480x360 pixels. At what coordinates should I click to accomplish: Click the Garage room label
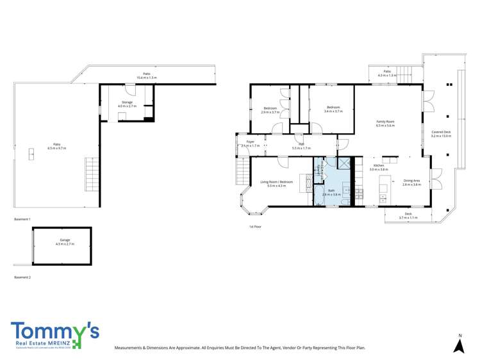point(65,240)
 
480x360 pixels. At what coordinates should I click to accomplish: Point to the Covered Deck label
point(441,132)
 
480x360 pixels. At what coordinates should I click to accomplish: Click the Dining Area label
point(411,181)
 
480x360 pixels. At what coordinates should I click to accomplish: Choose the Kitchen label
point(379,165)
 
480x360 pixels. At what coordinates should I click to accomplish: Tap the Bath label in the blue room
point(331,190)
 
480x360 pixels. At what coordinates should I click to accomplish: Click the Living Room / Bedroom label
point(276,182)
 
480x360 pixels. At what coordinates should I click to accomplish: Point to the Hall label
point(301,144)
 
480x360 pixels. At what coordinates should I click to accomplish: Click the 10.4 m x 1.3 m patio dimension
point(146,77)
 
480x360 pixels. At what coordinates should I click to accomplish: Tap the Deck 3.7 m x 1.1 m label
point(408,215)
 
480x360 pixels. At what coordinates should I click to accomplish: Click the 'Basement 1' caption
point(22,219)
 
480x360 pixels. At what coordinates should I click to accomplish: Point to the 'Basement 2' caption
point(22,277)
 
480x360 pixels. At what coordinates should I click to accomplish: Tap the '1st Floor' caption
point(255,227)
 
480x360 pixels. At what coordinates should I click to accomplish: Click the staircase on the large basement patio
point(93,172)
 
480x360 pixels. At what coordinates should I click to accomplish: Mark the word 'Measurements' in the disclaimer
point(130,347)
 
